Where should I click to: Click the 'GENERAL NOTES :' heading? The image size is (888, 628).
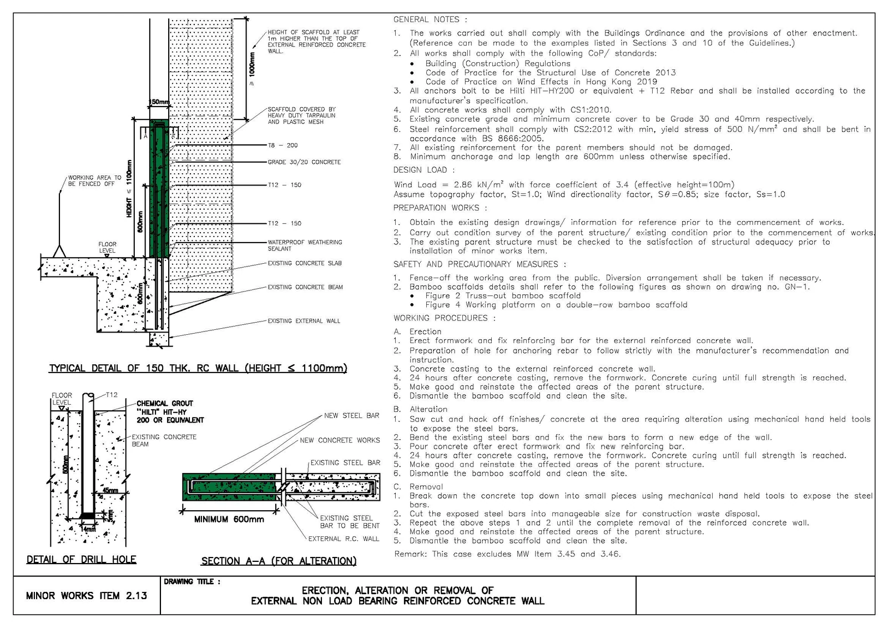click(430, 19)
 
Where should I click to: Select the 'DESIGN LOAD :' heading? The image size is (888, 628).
click(424, 170)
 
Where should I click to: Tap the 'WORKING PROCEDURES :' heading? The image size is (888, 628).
click(445, 318)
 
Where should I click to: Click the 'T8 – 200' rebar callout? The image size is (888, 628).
click(282, 145)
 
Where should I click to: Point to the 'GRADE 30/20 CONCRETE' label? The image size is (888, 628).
click(304, 162)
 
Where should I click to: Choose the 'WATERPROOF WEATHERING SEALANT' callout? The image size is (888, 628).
click(305, 245)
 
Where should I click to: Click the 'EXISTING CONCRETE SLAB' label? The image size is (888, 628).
click(305, 263)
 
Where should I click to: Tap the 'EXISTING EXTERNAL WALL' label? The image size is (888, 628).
click(304, 321)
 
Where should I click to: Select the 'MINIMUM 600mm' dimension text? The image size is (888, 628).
click(229, 519)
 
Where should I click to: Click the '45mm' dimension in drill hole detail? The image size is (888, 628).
click(110, 490)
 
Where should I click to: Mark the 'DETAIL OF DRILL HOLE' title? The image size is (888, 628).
click(81, 559)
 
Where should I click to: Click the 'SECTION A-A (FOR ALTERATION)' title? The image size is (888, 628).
click(279, 561)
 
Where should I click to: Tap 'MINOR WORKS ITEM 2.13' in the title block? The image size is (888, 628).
click(87, 595)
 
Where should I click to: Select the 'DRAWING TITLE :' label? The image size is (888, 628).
click(192, 581)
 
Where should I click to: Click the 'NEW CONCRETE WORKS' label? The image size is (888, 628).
click(340, 440)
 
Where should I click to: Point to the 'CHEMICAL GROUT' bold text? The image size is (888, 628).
click(165, 404)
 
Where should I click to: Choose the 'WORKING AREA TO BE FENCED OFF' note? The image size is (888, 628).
click(95, 181)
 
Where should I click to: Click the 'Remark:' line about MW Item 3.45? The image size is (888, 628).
click(507, 554)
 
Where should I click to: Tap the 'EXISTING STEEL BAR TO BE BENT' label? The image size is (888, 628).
click(350, 522)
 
